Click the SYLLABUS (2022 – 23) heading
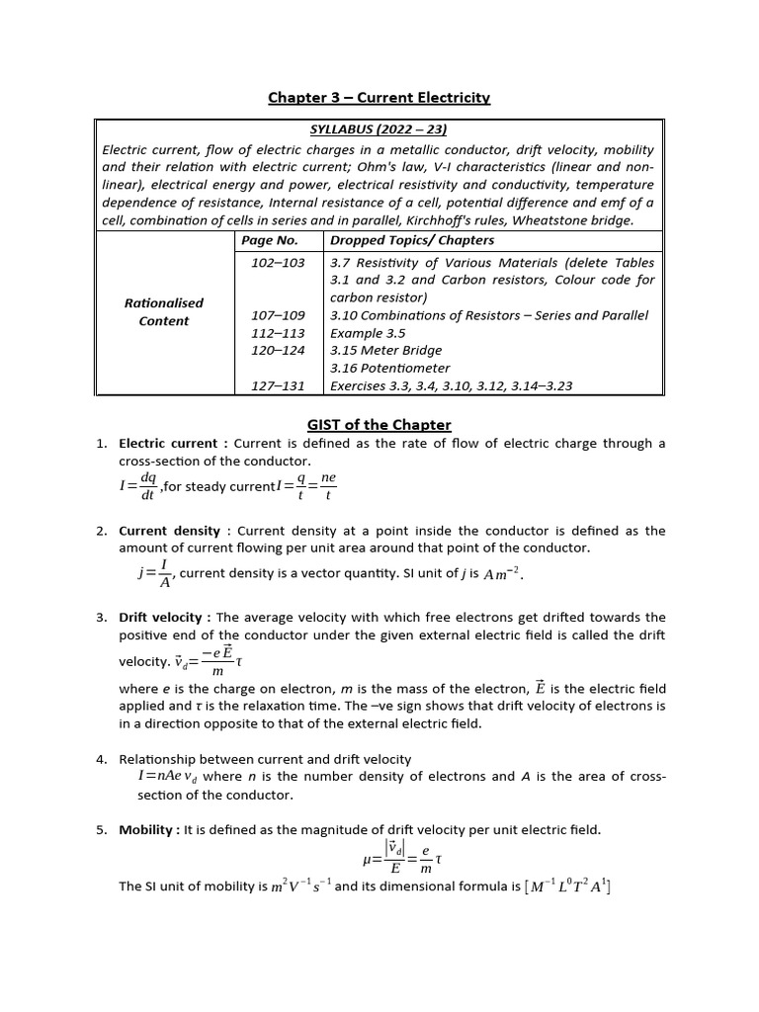[379, 130]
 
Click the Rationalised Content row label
[163, 312]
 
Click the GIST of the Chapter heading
[379, 425]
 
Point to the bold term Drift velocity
[162, 618]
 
